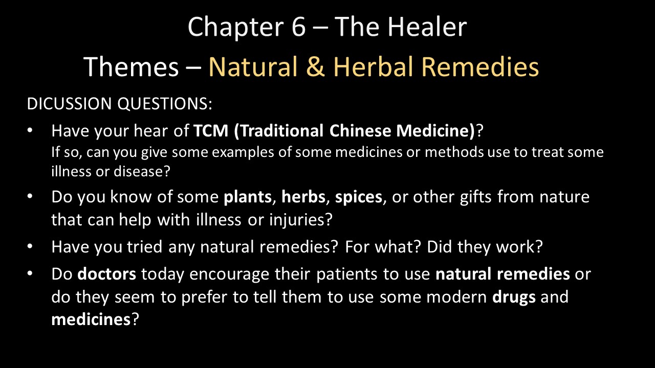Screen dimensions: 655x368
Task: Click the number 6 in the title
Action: [x=298, y=27]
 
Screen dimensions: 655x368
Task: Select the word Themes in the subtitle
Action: [x=131, y=66]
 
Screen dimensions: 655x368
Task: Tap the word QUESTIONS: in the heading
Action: [x=165, y=104]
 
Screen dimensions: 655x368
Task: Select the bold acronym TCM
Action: [x=211, y=130]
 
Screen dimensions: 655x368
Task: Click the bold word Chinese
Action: [x=360, y=130]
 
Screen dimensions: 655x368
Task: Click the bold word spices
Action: [x=359, y=197]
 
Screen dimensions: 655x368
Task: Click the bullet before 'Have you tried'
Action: [x=30, y=246]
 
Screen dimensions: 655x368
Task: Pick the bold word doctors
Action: [x=107, y=274]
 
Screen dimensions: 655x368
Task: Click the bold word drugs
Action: [x=514, y=297]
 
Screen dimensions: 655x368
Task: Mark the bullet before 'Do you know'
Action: [x=30, y=196]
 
